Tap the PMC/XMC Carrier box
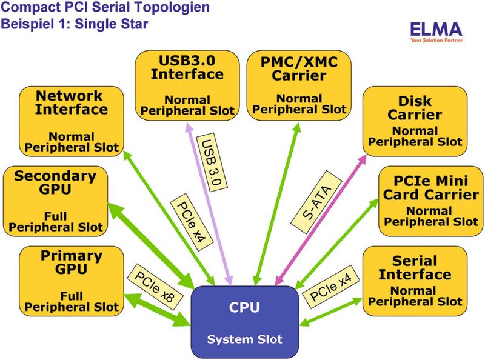(x=299, y=84)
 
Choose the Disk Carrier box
(x=415, y=121)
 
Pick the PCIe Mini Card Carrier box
(x=430, y=201)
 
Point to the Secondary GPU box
(x=55, y=201)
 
